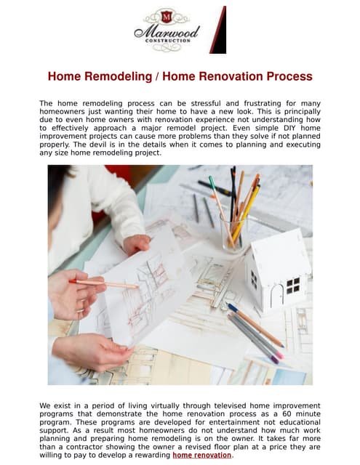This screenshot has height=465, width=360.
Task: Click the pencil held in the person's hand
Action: [106, 283]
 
